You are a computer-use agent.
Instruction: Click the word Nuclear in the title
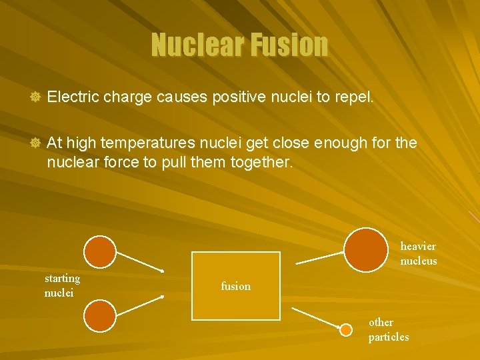[x=197, y=45]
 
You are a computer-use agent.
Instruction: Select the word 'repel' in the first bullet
[x=354, y=98]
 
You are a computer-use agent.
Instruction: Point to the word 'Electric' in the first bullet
[x=73, y=97]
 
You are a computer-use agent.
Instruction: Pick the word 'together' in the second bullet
[x=261, y=161]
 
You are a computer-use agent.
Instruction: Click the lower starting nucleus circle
[x=100, y=315]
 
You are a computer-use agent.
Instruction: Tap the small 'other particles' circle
[x=347, y=329]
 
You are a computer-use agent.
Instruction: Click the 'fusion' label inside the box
[x=236, y=287]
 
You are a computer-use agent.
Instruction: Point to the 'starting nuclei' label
[x=62, y=285]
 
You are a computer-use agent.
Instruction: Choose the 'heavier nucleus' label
[x=419, y=254]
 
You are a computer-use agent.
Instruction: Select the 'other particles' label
[x=389, y=329]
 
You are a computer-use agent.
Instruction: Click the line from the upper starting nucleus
[x=140, y=262]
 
